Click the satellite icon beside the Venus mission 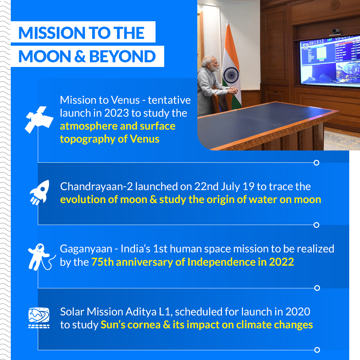(39, 120)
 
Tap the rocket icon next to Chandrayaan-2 (40, 192)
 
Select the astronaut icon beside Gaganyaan (41, 257)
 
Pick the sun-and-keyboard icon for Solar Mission (39, 318)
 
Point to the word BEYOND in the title (122, 57)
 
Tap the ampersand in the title (80, 57)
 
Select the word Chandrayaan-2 (96, 186)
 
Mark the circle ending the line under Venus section (316, 163)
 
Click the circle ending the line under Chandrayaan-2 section (316, 225)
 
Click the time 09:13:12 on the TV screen (316, 42)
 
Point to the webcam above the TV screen (336, 31)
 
